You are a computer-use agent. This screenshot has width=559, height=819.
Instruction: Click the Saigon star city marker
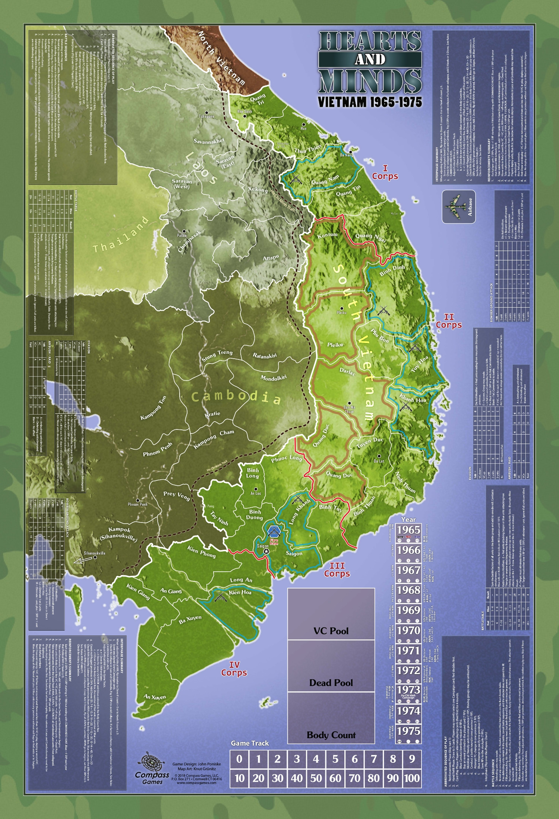(266, 551)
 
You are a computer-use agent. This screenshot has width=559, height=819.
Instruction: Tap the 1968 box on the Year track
(408, 590)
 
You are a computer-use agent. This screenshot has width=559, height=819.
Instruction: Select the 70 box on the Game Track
(354, 778)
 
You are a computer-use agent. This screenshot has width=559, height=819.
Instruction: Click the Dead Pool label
(331, 683)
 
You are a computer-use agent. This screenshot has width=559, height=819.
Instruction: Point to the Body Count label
(331, 735)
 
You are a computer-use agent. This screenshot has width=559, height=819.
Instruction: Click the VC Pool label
(331, 631)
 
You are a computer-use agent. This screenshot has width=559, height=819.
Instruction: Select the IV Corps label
(234, 669)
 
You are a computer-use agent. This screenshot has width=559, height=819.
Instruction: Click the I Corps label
(385, 173)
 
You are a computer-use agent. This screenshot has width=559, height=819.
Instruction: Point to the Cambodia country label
(236, 397)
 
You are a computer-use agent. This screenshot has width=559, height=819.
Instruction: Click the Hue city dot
(304, 124)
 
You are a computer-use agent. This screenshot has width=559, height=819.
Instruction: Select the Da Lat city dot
(379, 456)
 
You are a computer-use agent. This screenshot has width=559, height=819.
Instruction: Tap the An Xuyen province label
(155, 696)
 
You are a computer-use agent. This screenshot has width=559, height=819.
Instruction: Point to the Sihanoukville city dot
(95, 558)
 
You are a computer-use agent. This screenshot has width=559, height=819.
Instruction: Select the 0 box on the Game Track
(239, 759)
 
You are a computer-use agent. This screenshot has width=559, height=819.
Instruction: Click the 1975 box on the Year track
(408, 731)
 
